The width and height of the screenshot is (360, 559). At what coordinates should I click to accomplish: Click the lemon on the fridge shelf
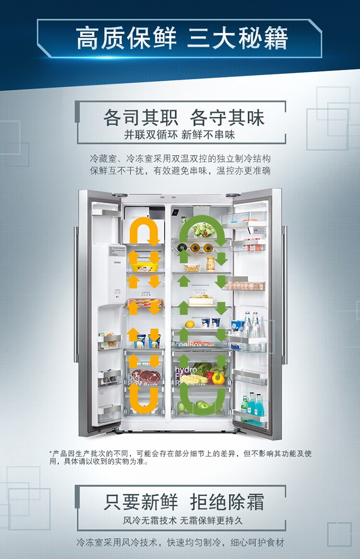coord(190,324)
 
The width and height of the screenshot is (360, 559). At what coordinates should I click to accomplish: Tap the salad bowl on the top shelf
coord(204,230)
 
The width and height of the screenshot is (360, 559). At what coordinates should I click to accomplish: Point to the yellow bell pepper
coord(218,378)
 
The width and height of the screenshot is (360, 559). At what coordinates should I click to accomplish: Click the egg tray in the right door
coord(245,286)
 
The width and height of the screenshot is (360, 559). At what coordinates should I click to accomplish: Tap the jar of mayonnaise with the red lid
coord(210,264)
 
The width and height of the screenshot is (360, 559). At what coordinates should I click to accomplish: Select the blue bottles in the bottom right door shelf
coord(254,404)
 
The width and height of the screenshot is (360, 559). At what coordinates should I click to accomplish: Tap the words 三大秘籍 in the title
coord(238,38)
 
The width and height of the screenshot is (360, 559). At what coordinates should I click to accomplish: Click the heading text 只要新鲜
coord(141,502)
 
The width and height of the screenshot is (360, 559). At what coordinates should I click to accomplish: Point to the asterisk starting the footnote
coord(50,453)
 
